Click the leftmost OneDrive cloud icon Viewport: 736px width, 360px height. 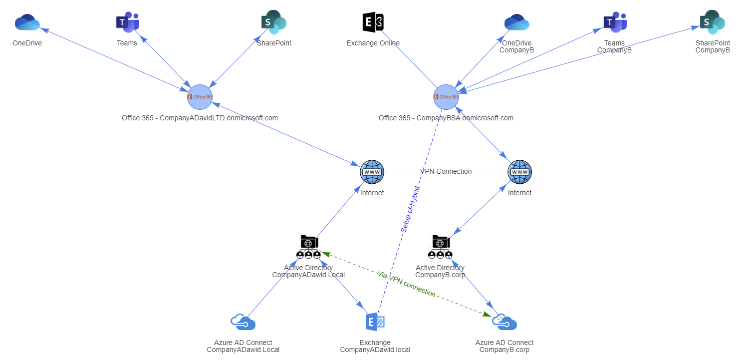[27, 22]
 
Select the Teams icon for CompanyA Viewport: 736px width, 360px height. [127, 22]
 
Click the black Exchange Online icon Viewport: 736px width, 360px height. [373, 22]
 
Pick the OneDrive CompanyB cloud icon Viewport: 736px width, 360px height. [516, 22]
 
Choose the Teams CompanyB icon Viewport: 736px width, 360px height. [615, 22]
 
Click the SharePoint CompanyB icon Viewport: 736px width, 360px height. [712, 22]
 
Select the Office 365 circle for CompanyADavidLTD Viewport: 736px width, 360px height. [200, 97]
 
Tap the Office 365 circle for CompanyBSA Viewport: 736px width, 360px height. [446, 97]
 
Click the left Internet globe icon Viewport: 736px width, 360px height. [372, 172]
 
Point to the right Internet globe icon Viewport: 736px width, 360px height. [519, 172]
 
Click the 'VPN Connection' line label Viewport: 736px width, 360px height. [446, 171]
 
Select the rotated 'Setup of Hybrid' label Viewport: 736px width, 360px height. [410, 209]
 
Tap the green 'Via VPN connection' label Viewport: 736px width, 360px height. [406, 284]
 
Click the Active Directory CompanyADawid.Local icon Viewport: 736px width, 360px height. [308, 247]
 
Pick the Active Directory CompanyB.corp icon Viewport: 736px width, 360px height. [440, 247]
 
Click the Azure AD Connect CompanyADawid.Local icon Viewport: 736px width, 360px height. [243, 323]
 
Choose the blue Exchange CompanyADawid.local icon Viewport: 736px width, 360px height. [375, 322]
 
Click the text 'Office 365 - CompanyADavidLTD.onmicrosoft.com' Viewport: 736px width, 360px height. [200, 118]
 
